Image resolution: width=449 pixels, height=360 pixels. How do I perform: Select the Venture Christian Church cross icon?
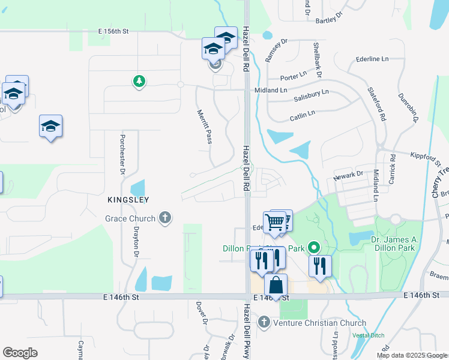coord(264,323)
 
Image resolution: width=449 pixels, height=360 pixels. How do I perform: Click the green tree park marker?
coord(139,80)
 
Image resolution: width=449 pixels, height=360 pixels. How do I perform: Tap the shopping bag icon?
coord(276,285)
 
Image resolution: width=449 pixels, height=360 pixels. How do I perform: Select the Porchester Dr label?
coord(122,154)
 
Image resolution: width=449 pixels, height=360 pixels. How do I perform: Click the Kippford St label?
coord(426,159)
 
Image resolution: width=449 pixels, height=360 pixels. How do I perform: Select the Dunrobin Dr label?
coord(407,108)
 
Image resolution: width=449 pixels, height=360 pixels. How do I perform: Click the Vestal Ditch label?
coord(368,335)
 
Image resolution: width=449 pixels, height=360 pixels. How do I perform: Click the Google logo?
coord(20,353)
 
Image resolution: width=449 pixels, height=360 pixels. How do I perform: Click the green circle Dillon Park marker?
coord(313,247)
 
